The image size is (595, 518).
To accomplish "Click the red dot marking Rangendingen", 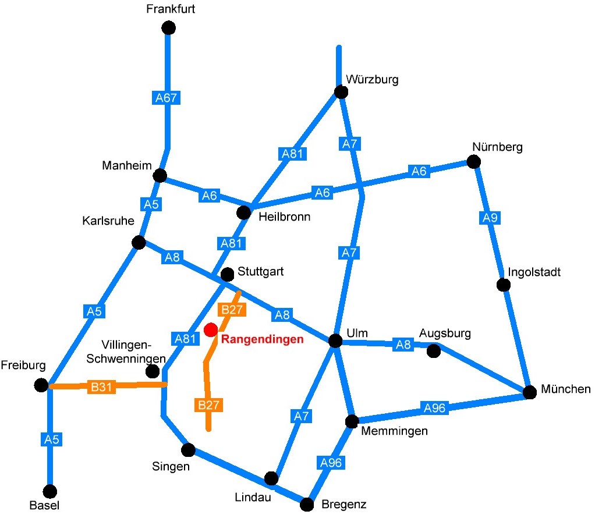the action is point(211,330).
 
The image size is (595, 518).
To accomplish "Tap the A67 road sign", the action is point(166,98).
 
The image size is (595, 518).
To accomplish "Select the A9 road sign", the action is point(490,218).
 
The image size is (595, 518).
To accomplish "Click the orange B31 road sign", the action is point(101,386).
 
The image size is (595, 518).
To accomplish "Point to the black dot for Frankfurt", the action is point(168,28).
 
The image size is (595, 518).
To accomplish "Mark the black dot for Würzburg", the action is point(341,92).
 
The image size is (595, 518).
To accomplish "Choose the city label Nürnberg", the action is point(497,147).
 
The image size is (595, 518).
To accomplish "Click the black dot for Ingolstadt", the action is point(504,285).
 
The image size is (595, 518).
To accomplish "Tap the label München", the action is point(565,389).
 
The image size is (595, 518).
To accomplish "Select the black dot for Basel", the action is point(49,491).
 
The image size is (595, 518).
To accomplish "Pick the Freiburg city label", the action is point(23,365).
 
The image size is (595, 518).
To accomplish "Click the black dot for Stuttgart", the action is point(227,274).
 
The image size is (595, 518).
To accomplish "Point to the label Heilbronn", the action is point(284,217).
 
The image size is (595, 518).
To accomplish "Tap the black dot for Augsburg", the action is point(433,351).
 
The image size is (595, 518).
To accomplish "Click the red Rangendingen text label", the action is point(262,339).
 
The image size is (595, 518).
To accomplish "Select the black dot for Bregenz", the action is point(307,505).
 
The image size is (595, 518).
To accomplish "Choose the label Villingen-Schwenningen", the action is point(126,352).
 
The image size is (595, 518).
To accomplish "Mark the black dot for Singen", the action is point(188,450).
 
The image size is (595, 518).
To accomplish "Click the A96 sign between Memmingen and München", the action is point(434,409).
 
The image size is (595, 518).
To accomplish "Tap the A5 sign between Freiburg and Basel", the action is point(52,439).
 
